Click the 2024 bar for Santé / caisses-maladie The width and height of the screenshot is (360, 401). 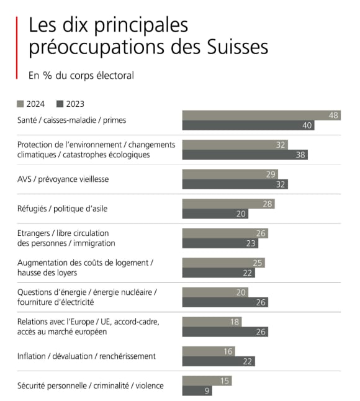click(x=261, y=115)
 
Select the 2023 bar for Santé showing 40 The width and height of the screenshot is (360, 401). click(x=248, y=125)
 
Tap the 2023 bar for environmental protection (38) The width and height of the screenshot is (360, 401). click(x=245, y=155)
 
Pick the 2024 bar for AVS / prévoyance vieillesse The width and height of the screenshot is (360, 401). click(x=230, y=174)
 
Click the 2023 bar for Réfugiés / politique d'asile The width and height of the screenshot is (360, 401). click(x=215, y=214)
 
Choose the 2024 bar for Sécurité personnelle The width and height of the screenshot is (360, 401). click(x=207, y=381)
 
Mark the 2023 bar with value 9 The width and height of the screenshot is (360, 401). click(x=197, y=390)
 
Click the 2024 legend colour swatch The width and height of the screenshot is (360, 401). click(x=20, y=104)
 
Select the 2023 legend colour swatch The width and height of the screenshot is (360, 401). click(x=60, y=104)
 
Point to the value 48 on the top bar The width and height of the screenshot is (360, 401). click(x=333, y=115)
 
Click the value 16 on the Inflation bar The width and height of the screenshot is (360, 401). click(x=228, y=351)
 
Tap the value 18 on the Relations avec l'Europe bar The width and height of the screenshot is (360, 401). click(x=235, y=322)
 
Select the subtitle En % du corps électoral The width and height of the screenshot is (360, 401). click(x=81, y=76)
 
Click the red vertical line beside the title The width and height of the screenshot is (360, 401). click(x=17, y=47)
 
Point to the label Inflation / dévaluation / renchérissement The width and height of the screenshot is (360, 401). click(x=86, y=356)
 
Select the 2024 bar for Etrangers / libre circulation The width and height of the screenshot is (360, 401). click(x=225, y=233)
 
